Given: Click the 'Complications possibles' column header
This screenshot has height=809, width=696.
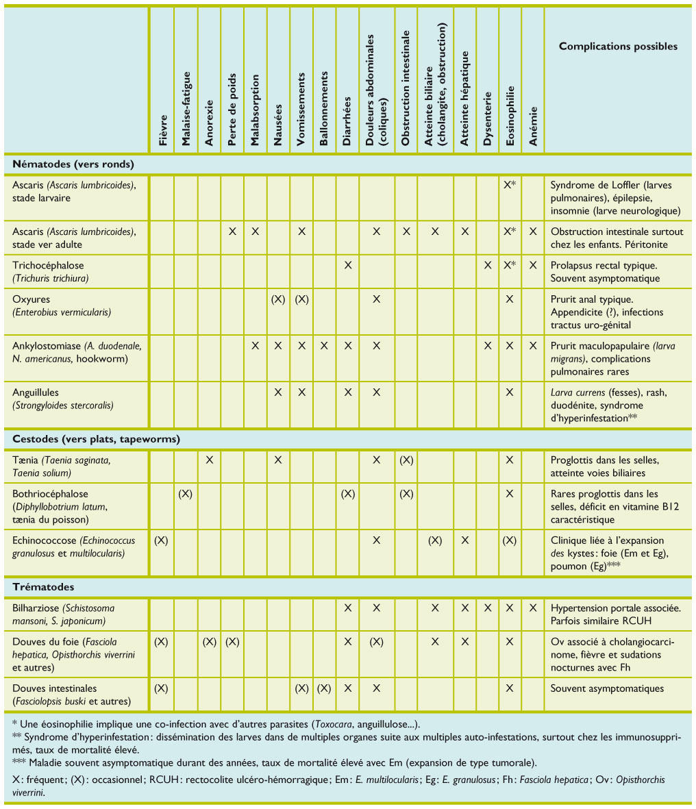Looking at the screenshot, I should point(618,47).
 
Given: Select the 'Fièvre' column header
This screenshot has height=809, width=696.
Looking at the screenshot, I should point(163,129).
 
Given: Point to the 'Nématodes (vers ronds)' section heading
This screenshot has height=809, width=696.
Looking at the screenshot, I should point(73,164).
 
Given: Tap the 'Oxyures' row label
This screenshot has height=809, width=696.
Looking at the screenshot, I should point(32,299).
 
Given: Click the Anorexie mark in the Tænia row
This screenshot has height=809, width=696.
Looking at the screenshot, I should point(210,460).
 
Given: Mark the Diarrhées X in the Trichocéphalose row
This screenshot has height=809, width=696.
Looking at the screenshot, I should point(348,265).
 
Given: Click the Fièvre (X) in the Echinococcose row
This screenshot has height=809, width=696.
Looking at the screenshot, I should point(161,540).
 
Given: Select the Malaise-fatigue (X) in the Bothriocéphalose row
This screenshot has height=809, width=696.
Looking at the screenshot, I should point(185,494).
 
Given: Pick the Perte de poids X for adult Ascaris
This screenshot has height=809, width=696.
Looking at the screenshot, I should point(232,232).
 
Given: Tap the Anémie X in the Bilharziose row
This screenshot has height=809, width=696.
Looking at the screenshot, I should point(533,608).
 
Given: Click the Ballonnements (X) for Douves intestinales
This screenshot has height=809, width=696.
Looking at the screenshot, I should point(325,688).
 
